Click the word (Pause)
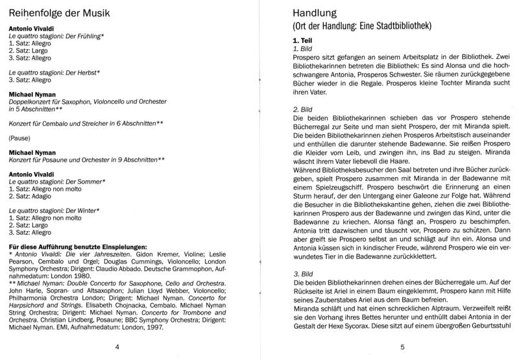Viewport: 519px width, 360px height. point(22,138)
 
